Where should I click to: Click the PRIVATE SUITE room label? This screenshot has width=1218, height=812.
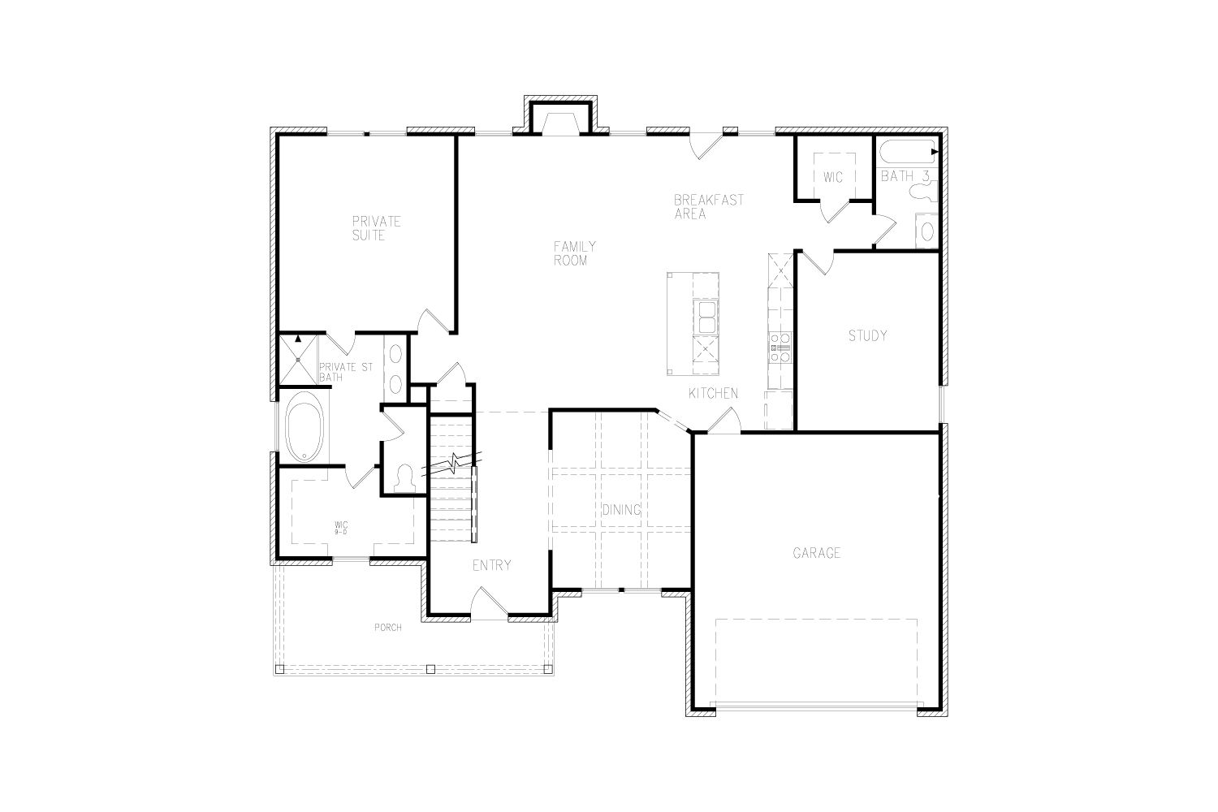376,228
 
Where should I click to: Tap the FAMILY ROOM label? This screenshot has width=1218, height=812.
575,253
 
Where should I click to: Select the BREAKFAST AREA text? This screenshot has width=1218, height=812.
709,207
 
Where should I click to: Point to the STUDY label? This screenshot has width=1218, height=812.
867,336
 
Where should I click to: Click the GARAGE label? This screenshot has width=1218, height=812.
817,553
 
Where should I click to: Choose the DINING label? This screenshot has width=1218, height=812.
621,510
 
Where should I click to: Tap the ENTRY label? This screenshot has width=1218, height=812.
491,566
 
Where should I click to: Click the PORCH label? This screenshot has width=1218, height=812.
388,628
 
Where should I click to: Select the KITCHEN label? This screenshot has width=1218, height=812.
714,393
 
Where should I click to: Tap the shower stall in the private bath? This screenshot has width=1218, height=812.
298,360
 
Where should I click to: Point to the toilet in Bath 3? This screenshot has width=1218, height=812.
924,192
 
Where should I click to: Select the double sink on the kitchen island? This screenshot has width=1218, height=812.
706,317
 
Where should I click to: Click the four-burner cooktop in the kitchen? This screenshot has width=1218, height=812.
780,348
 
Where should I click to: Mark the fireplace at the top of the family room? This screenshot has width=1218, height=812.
560,118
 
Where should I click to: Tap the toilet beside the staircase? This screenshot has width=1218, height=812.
404,479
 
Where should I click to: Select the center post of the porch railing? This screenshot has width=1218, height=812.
430,668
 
